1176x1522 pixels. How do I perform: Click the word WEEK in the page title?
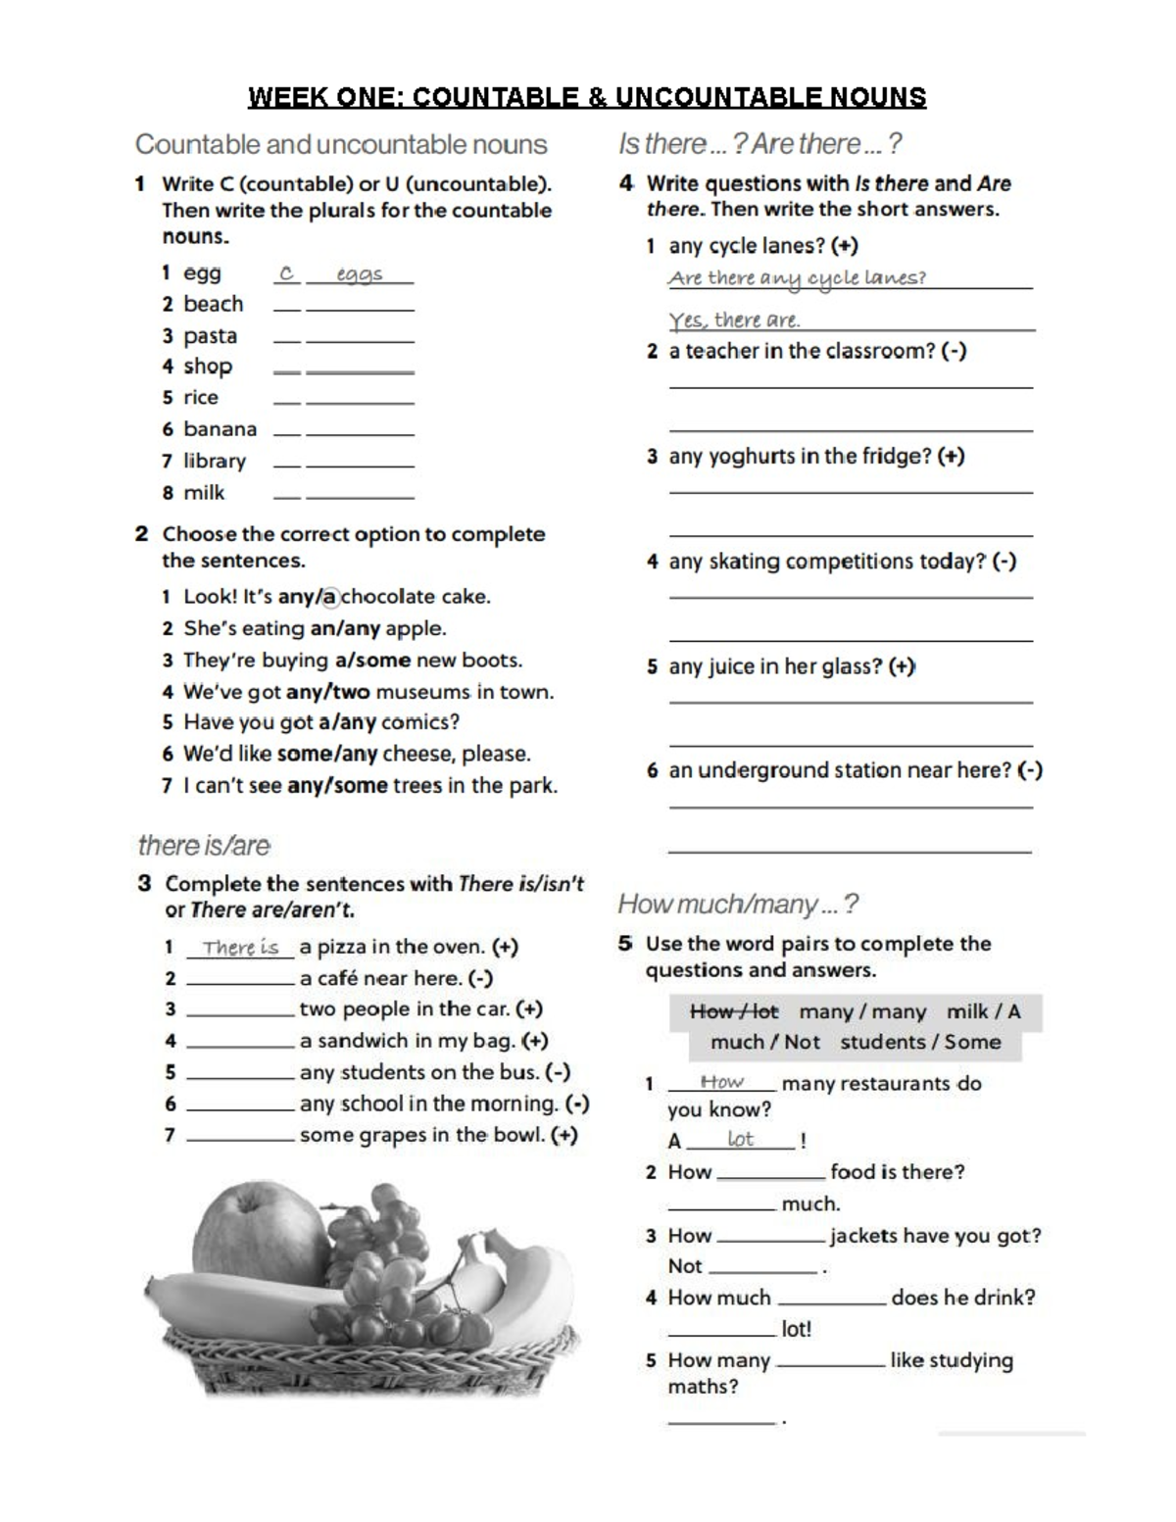click(x=283, y=97)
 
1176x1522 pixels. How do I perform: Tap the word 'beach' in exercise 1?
click(x=213, y=304)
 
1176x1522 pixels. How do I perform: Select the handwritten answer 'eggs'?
click(x=359, y=274)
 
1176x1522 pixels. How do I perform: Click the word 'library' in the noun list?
click(x=215, y=461)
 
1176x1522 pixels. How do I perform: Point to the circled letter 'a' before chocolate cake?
click(x=330, y=596)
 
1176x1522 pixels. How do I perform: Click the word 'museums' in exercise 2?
click(x=422, y=692)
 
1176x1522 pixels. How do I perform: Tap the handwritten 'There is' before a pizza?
click(x=240, y=948)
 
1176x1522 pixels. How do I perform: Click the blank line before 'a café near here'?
click(x=240, y=979)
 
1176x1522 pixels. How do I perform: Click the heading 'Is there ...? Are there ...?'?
click(x=759, y=144)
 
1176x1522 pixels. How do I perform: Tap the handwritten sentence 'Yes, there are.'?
click(x=734, y=320)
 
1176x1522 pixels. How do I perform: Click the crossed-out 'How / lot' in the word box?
click(x=733, y=1011)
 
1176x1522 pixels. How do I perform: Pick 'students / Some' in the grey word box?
click(x=920, y=1042)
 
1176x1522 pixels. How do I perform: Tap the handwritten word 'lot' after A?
click(x=740, y=1139)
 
